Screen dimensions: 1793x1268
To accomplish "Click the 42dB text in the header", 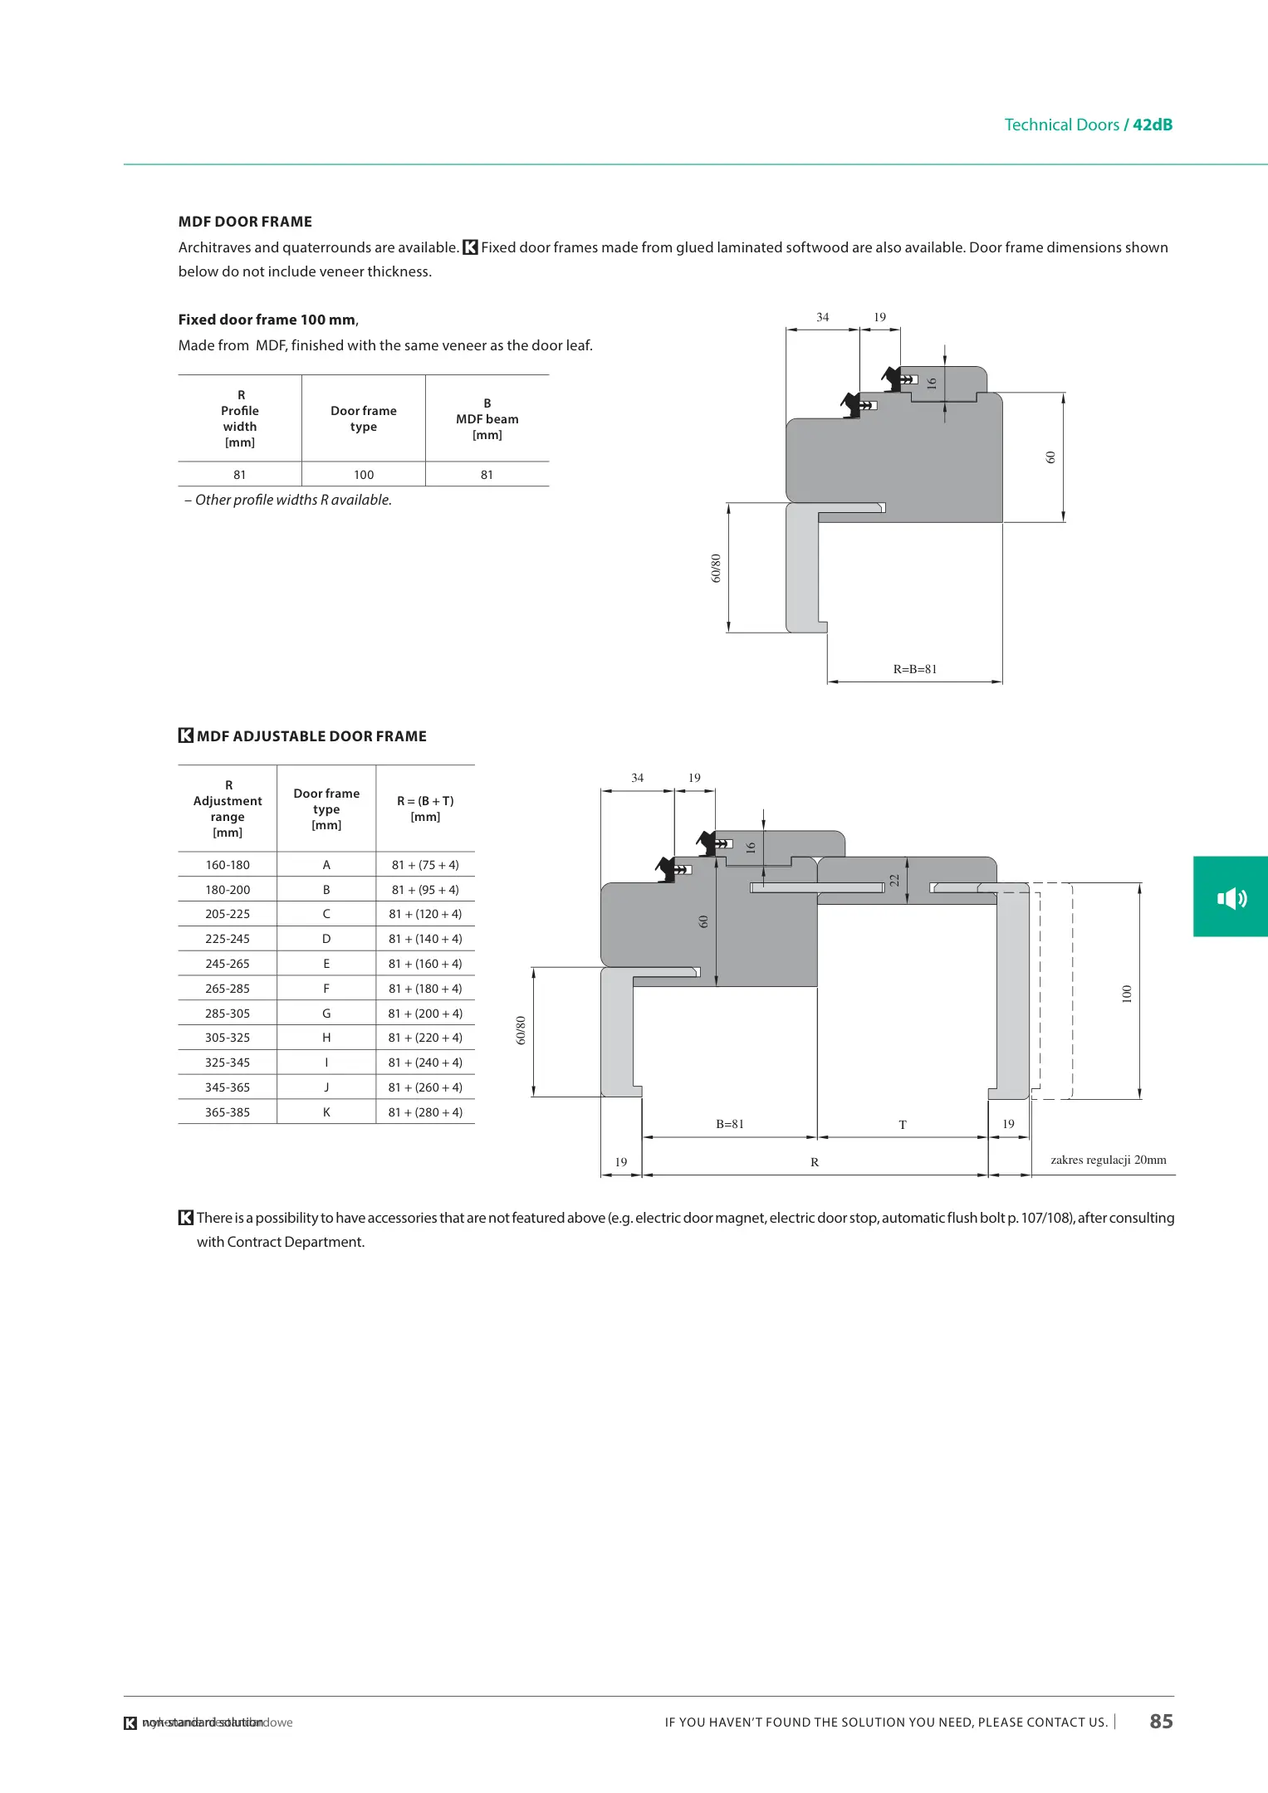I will point(1153,125).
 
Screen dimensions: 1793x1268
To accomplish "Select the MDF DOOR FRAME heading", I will point(245,222).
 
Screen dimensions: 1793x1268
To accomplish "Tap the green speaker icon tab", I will point(1231,897).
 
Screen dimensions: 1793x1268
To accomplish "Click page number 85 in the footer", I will point(1161,1721).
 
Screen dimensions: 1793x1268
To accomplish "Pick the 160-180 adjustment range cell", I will point(228,865).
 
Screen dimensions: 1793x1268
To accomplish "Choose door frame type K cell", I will point(326,1112).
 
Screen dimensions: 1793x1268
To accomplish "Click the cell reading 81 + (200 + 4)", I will point(425,1014).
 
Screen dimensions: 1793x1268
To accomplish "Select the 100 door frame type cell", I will point(364,475).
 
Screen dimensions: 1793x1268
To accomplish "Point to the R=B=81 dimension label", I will point(915,669).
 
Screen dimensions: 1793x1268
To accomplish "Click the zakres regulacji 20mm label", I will point(1108,1160).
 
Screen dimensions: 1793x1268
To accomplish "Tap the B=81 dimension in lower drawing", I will point(730,1124).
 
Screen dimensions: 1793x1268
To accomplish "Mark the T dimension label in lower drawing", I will point(903,1125).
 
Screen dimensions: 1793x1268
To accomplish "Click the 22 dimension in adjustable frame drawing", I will point(894,880).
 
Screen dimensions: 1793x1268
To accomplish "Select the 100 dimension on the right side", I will point(1127,993).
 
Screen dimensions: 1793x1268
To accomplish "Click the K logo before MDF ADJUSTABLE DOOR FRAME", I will point(186,735).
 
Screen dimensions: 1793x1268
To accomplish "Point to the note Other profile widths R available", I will point(288,500).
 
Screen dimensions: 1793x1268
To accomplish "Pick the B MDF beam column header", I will point(487,418).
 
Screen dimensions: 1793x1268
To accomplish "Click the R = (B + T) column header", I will point(425,809).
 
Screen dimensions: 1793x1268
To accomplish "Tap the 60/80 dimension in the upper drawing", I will point(716,568).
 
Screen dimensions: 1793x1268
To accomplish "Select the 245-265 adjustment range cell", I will point(228,964).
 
